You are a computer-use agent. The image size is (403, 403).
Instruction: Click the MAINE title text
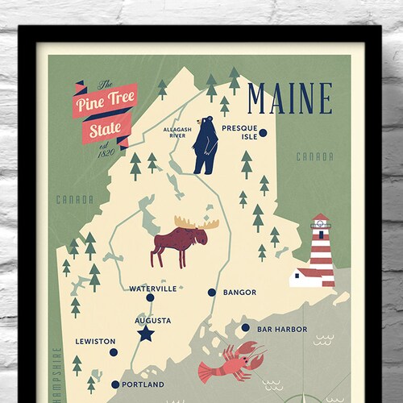289,98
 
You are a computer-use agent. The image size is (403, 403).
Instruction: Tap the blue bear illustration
203,146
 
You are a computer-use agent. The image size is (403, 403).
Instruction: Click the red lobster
230,363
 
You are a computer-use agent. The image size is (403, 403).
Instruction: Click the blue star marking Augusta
145,333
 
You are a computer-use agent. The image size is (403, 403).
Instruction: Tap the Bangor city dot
211,293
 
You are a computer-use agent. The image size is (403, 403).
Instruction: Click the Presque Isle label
239,132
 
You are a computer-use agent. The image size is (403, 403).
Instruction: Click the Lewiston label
95,342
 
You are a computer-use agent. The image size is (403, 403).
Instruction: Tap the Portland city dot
115,385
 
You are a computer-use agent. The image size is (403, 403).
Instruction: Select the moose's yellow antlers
191,222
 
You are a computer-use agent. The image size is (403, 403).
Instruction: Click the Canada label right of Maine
314,156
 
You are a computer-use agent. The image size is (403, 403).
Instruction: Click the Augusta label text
152,320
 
